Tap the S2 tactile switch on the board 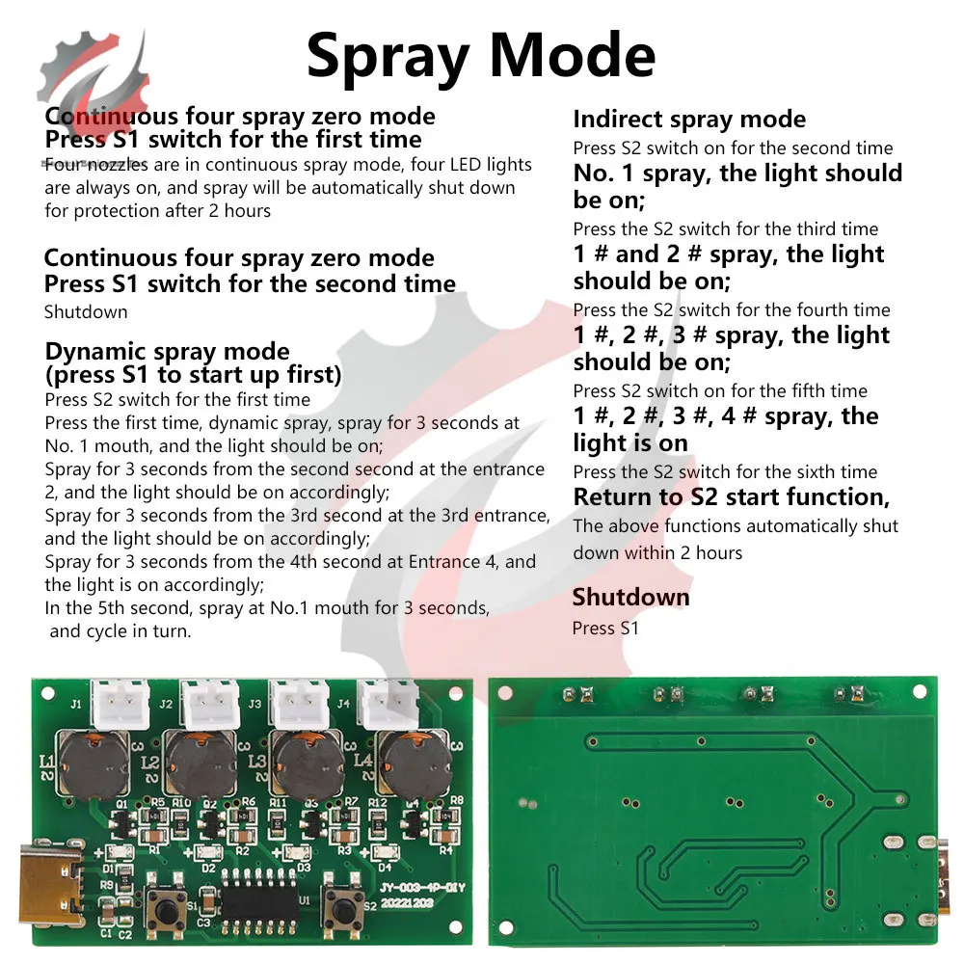coord(343,904)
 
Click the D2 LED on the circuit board coord(205,853)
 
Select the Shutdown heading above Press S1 coord(630,597)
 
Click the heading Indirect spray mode coord(689,120)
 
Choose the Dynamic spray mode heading coord(167,351)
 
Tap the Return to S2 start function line coord(731,497)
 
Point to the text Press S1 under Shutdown coord(605,629)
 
